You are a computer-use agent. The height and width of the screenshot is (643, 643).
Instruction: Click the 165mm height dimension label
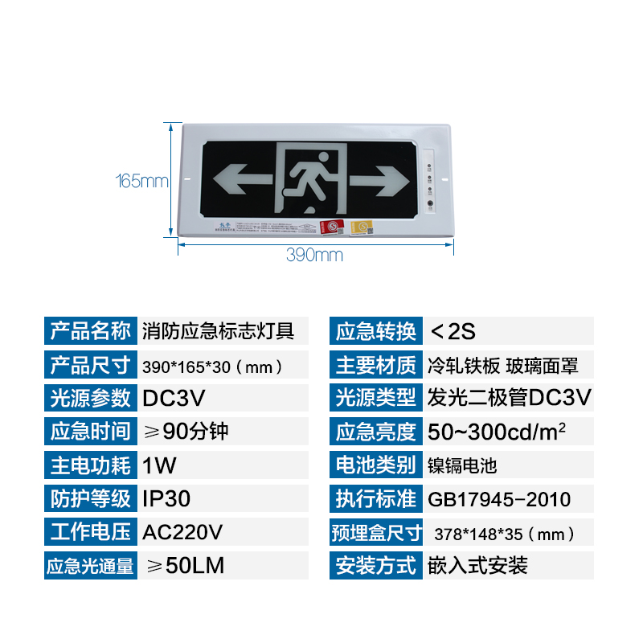tap(142, 181)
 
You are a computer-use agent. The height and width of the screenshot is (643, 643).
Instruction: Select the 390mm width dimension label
tap(314, 256)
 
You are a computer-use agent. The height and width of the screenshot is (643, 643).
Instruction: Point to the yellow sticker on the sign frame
tap(365, 227)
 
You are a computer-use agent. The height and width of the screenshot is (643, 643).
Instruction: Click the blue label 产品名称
tap(90, 330)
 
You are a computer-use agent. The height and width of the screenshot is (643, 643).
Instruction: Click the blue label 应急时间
tap(90, 431)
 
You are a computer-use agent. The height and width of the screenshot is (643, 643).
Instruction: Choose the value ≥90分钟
tap(186, 431)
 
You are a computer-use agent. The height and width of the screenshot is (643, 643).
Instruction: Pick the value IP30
tap(166, 498)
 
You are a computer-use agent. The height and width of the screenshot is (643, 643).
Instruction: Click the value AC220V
tap(182, 532)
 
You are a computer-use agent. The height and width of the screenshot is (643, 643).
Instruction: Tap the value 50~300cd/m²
tap(498, 431)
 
